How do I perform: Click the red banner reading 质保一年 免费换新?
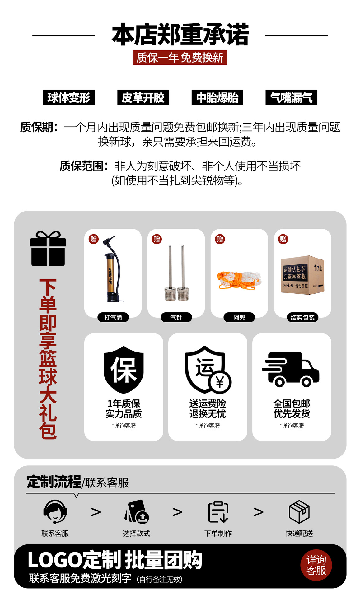180,58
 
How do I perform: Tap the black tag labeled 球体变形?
69,98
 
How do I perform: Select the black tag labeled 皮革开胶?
143,98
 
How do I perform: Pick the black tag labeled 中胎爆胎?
217,98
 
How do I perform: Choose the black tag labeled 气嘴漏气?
291,98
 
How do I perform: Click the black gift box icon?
48,249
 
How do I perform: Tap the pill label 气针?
176,317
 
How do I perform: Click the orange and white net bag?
239,280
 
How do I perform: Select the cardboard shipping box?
302,275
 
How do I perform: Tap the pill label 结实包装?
302,317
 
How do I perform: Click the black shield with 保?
124,369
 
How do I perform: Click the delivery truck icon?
291,369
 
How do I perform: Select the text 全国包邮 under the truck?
292,403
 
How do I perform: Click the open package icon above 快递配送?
299,512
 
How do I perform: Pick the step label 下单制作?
218,534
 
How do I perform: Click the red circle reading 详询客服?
316,565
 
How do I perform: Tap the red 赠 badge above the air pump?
94,239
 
